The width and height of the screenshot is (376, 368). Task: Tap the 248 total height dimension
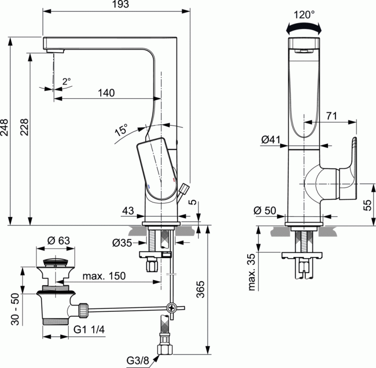pyautogui.click(x=5, y=131)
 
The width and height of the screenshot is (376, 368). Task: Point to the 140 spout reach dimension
pyautogui.click(x=106, y=92)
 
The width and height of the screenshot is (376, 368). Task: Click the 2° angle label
pyautogui.click(x=67, y=81)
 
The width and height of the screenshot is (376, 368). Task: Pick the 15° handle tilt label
pyautogui.click(x=121, y=130)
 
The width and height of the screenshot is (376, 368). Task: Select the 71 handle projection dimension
pyautogui.click(x=330, y=115)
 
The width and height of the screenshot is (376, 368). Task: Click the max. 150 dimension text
pyautogui.click(x=104, y=276)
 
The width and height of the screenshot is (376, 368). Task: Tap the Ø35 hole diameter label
pyautogui.click(x=123, y=243)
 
